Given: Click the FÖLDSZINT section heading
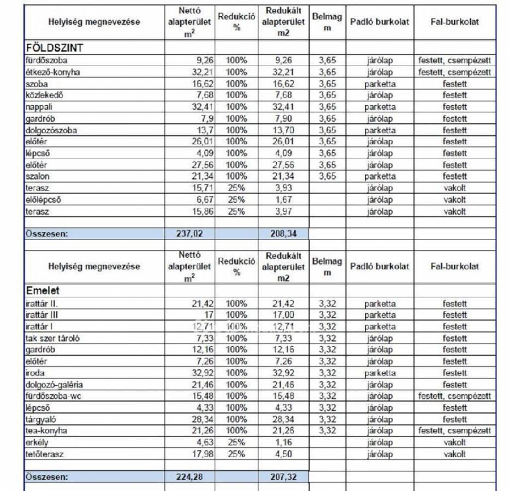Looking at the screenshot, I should pyautogui.click(x=54, y=48).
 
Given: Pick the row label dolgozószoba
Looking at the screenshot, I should pyautogui.click(x=51, y=130).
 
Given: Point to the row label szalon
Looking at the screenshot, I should pyautogui.click(x=37, y=176).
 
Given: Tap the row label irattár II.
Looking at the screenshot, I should pyautogui.click(x=42, y=304).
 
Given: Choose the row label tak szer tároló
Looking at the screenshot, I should pyautogui.click(x=52, y=338).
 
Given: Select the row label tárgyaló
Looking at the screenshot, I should pyautogui.click(x=42, y=420).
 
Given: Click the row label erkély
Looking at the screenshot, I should pyautogui.click(x=37, y=442).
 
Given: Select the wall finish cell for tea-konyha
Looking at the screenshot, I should pyautogui.click(x=454, y=431).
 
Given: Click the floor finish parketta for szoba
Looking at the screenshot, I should pyautogui.click(x=380, y=84).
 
